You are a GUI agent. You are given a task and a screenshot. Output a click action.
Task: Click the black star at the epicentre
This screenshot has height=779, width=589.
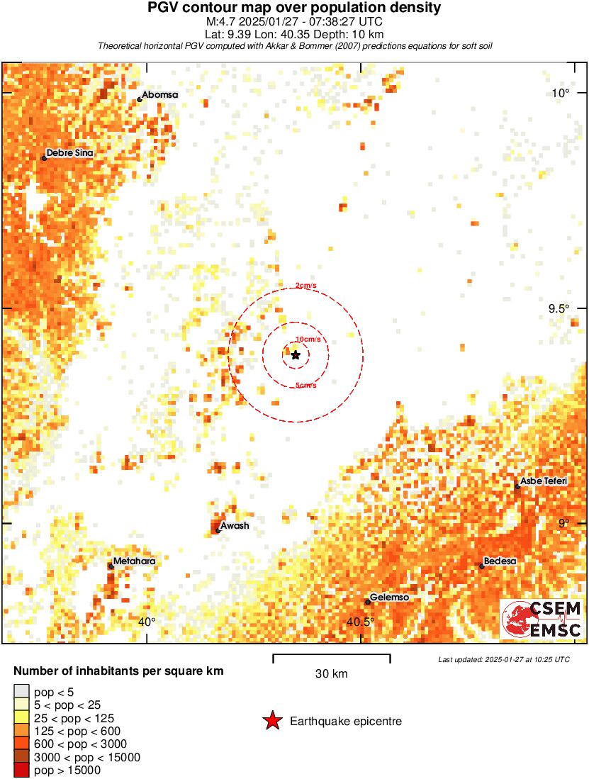(295, 354)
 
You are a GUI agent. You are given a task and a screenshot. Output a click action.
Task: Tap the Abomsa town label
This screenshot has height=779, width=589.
(159, 94)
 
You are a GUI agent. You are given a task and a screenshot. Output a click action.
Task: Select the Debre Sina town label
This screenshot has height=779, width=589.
(69, 152)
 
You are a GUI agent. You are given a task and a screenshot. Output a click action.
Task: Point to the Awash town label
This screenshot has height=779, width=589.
(235, 526)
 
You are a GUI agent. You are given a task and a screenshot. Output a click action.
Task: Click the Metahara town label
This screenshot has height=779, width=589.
(134, 561)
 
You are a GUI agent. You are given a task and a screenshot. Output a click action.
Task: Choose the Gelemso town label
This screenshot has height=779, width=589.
(390, 598)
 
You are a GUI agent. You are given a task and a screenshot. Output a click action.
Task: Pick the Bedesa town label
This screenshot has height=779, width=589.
(500, 561)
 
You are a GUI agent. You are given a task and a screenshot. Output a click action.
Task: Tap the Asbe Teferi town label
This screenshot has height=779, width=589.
(544, 481)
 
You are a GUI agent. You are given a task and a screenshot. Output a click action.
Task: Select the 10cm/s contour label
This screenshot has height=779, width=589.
(308, 340)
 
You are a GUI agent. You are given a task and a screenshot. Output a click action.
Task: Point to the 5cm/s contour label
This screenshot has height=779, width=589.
(305, 386)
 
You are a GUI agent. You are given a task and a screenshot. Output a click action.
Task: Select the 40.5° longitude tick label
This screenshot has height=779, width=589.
(360, 622)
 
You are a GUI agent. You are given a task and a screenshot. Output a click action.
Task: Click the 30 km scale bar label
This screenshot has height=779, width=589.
(331, 673)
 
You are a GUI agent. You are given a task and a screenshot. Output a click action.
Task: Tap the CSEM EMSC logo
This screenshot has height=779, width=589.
(542, 619)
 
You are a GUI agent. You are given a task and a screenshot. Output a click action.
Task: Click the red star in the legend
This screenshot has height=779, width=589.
(271, 722)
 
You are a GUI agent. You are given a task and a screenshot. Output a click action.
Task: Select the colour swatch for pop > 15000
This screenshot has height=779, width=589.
(21, 770)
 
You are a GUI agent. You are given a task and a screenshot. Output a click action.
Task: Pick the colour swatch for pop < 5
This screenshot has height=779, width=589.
(21, 692)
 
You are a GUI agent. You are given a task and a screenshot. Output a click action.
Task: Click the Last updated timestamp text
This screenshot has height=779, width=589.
(503, 659)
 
